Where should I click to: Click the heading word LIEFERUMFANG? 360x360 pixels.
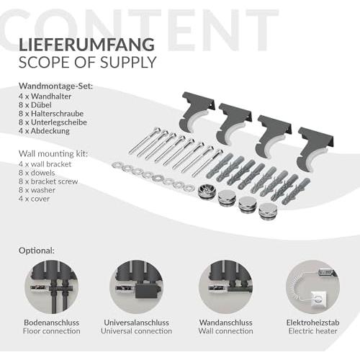86,45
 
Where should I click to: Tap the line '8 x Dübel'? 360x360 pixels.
35,105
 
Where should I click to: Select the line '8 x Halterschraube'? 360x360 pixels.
51,114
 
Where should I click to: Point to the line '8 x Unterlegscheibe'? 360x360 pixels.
53,122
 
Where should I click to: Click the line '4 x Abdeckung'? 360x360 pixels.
44,131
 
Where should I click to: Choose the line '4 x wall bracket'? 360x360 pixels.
45,164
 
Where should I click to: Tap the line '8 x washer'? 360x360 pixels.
37,190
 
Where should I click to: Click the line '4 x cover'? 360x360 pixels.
34,199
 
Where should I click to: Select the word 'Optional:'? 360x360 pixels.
37,251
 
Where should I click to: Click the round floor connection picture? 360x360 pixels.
52,287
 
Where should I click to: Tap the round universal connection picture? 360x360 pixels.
136,287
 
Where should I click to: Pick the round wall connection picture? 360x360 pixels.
225,287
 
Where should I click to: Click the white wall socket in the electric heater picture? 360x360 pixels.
318,299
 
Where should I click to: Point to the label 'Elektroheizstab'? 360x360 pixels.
313,323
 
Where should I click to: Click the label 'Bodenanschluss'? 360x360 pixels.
52,323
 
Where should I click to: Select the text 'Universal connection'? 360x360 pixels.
136,331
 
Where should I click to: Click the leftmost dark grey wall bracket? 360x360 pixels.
197,112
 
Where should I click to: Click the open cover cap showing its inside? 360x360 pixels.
206,191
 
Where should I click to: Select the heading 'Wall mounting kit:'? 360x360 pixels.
53,153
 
